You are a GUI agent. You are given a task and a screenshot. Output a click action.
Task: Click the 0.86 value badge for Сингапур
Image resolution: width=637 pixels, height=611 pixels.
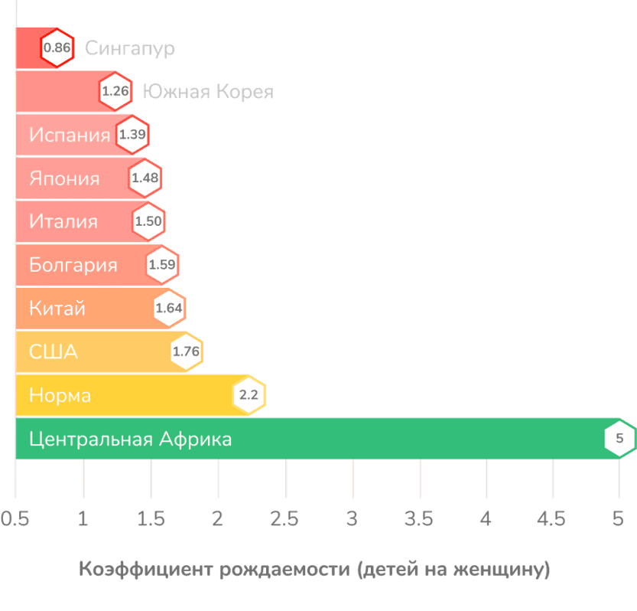pyautogui.click(x=57, y=49)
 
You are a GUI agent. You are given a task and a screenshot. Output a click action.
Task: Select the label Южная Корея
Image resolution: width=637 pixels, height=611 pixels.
pyautogui.click(x=207, y=93)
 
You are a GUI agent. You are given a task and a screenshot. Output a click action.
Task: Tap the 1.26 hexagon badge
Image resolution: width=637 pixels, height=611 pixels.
pyautogui.click(x=115, y=93)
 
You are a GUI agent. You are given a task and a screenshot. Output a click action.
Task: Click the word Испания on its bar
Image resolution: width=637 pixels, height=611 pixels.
pyautogui.click(x=70, y=136)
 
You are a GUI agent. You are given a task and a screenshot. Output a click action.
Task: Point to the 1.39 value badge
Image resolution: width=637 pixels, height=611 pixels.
pyautogui.click(x=132, y=136)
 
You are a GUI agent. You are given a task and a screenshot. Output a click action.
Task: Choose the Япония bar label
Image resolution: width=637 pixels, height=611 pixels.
pyautogui.click(x=64, y=179)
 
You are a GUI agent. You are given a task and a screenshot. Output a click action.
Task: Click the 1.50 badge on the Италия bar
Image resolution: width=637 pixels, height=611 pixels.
pyautogui.click(x=148, y=222)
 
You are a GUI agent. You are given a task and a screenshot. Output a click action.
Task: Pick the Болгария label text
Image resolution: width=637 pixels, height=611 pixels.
pyautogui.click(x=73, y=266)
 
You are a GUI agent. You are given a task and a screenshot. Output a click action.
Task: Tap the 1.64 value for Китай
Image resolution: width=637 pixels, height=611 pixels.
pyautogui.click(x=169, y=309)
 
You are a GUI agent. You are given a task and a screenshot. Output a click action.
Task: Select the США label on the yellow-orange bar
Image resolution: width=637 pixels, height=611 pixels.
pyautogui.click(x=54, y=352)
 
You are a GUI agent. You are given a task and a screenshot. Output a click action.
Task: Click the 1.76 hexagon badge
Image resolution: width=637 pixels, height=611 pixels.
pyautogui.click(x=186, y=352)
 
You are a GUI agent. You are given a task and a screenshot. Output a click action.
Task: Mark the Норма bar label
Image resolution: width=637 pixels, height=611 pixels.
pyautogui.click(x=60, y=396)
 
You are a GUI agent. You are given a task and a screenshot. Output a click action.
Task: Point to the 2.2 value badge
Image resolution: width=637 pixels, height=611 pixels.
pyautogui.click(x=249, y=396)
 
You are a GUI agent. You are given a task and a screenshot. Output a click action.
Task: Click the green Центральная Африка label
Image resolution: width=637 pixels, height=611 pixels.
pyautogui.click(x=130, y=439)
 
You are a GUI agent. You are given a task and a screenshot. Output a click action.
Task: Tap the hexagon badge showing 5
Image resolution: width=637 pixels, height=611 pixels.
pyautogui.click(x=619, y=439)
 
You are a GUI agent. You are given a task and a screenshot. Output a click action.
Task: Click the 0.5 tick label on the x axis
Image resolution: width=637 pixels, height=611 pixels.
pyautogui.click(x=15, y=519)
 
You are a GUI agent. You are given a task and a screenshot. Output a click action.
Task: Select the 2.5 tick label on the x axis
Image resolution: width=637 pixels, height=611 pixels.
pyautogui.click(x=284, y=519)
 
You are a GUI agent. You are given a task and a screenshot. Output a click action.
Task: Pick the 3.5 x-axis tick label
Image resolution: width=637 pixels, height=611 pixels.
pyautogui.click(x=419, y=519)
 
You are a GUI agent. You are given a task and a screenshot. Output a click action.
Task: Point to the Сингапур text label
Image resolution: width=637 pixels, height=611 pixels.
pyautogui.click(x=129, y=49)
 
